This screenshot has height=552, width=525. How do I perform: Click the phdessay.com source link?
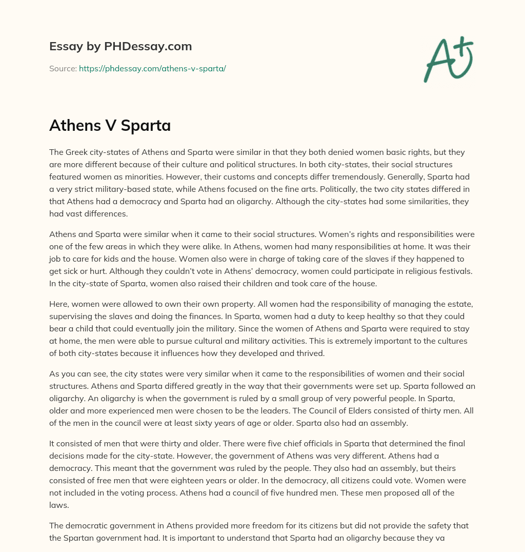[152, 68]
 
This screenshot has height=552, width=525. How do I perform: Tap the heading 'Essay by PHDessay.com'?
[120, 46]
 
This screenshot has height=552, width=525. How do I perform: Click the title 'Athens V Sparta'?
[110, 126]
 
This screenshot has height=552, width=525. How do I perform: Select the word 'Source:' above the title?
[63, 68]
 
